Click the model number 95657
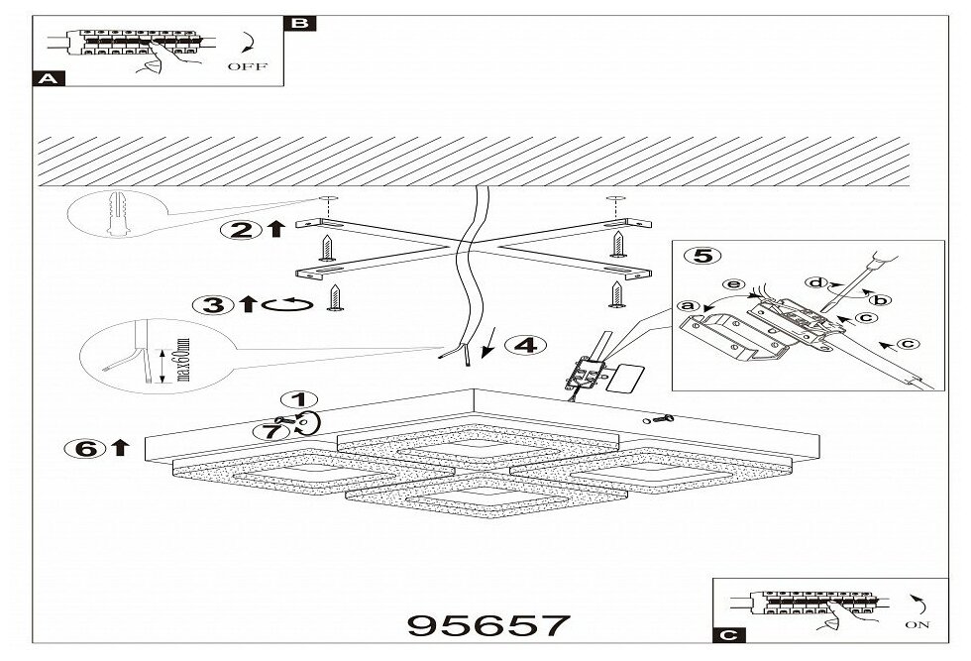coord(488,626)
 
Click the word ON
coord(918,625)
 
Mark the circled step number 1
coord(293,401)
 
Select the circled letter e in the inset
coord(733,284)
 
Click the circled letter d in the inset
coord(816,282)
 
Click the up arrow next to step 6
coord(121,448)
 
